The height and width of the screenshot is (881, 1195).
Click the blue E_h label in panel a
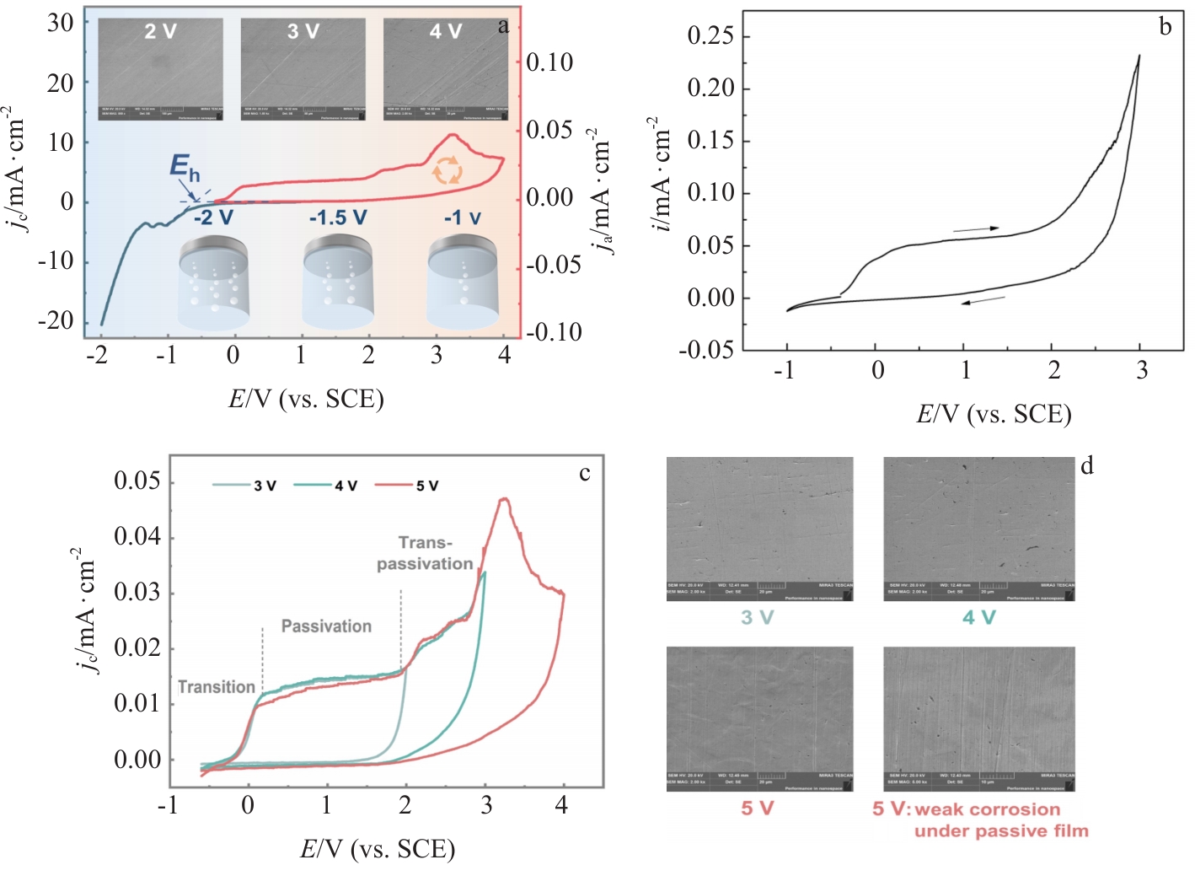click(x=185, y=166)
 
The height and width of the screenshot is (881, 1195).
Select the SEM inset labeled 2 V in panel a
click(x=161, y=69)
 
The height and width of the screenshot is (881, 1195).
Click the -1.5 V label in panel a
click(x=338, y=218)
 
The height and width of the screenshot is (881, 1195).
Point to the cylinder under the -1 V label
click(x=462, y=282)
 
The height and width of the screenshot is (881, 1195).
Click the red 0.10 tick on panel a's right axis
click(x=549, y=62)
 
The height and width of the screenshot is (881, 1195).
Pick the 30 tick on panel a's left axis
click(x=61, y=23)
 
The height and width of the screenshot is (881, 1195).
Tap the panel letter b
click(x=1166, y=27)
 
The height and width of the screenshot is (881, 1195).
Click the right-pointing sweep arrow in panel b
click(x=976, y=228)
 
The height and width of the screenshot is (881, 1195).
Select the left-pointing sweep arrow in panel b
click(x=983, y=299)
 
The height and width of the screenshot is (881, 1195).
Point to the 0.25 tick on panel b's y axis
click(x=710, y=35)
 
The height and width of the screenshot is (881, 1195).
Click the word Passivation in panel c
click(x=326, y=626)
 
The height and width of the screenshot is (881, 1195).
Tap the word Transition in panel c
click(x=217, y=687)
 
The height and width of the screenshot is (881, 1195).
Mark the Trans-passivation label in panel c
click(x=425, y=553)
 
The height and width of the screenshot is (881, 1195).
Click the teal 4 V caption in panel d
click(x=979, y=617)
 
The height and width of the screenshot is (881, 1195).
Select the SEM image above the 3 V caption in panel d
click(x=759, y=529)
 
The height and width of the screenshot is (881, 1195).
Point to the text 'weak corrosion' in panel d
click(x=987, y=809)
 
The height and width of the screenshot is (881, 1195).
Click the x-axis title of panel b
click(x=994, y=414)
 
